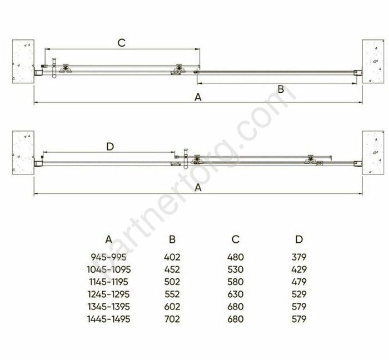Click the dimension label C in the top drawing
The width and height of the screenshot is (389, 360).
click(122, 43)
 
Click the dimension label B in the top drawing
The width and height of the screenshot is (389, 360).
click(281, 89)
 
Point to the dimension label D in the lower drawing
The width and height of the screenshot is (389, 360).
click(110, 147)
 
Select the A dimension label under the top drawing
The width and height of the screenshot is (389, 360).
click(198, 97)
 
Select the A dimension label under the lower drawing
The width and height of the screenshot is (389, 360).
click(198, 188)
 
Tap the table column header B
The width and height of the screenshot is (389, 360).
click(172, 239)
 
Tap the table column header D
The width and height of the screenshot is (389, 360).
click(299, 239)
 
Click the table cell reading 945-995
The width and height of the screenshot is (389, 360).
click(109, 257)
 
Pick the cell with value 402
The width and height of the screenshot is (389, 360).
click(172, 257)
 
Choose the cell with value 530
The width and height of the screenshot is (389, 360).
click(236, 269)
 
